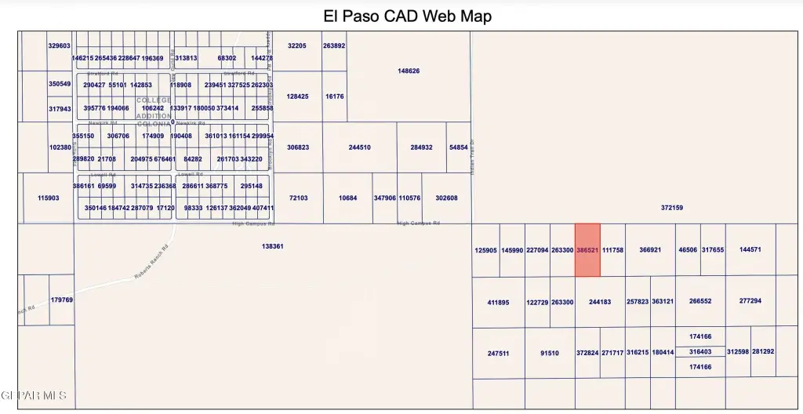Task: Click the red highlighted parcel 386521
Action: pos(588,250)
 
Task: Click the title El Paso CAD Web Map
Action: pos(407,16)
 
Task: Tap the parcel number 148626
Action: pos(409,71)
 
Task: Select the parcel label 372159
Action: pos(672,208)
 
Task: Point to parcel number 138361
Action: pos(272,246)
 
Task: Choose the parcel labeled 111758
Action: pos(612,250)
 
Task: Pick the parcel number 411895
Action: pos(498,302)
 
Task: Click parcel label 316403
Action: pos(700,352)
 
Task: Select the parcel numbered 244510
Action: pos(359,147)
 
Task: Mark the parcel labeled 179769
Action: pos(61,300)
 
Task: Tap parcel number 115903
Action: pos(49,198)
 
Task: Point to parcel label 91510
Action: pos(550,354)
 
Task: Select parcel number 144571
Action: pos(750,249)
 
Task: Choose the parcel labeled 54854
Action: pos(458,147)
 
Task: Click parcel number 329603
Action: pos(60,46)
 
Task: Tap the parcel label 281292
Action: pos(763,351)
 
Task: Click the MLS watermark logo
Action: pos(34,395)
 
